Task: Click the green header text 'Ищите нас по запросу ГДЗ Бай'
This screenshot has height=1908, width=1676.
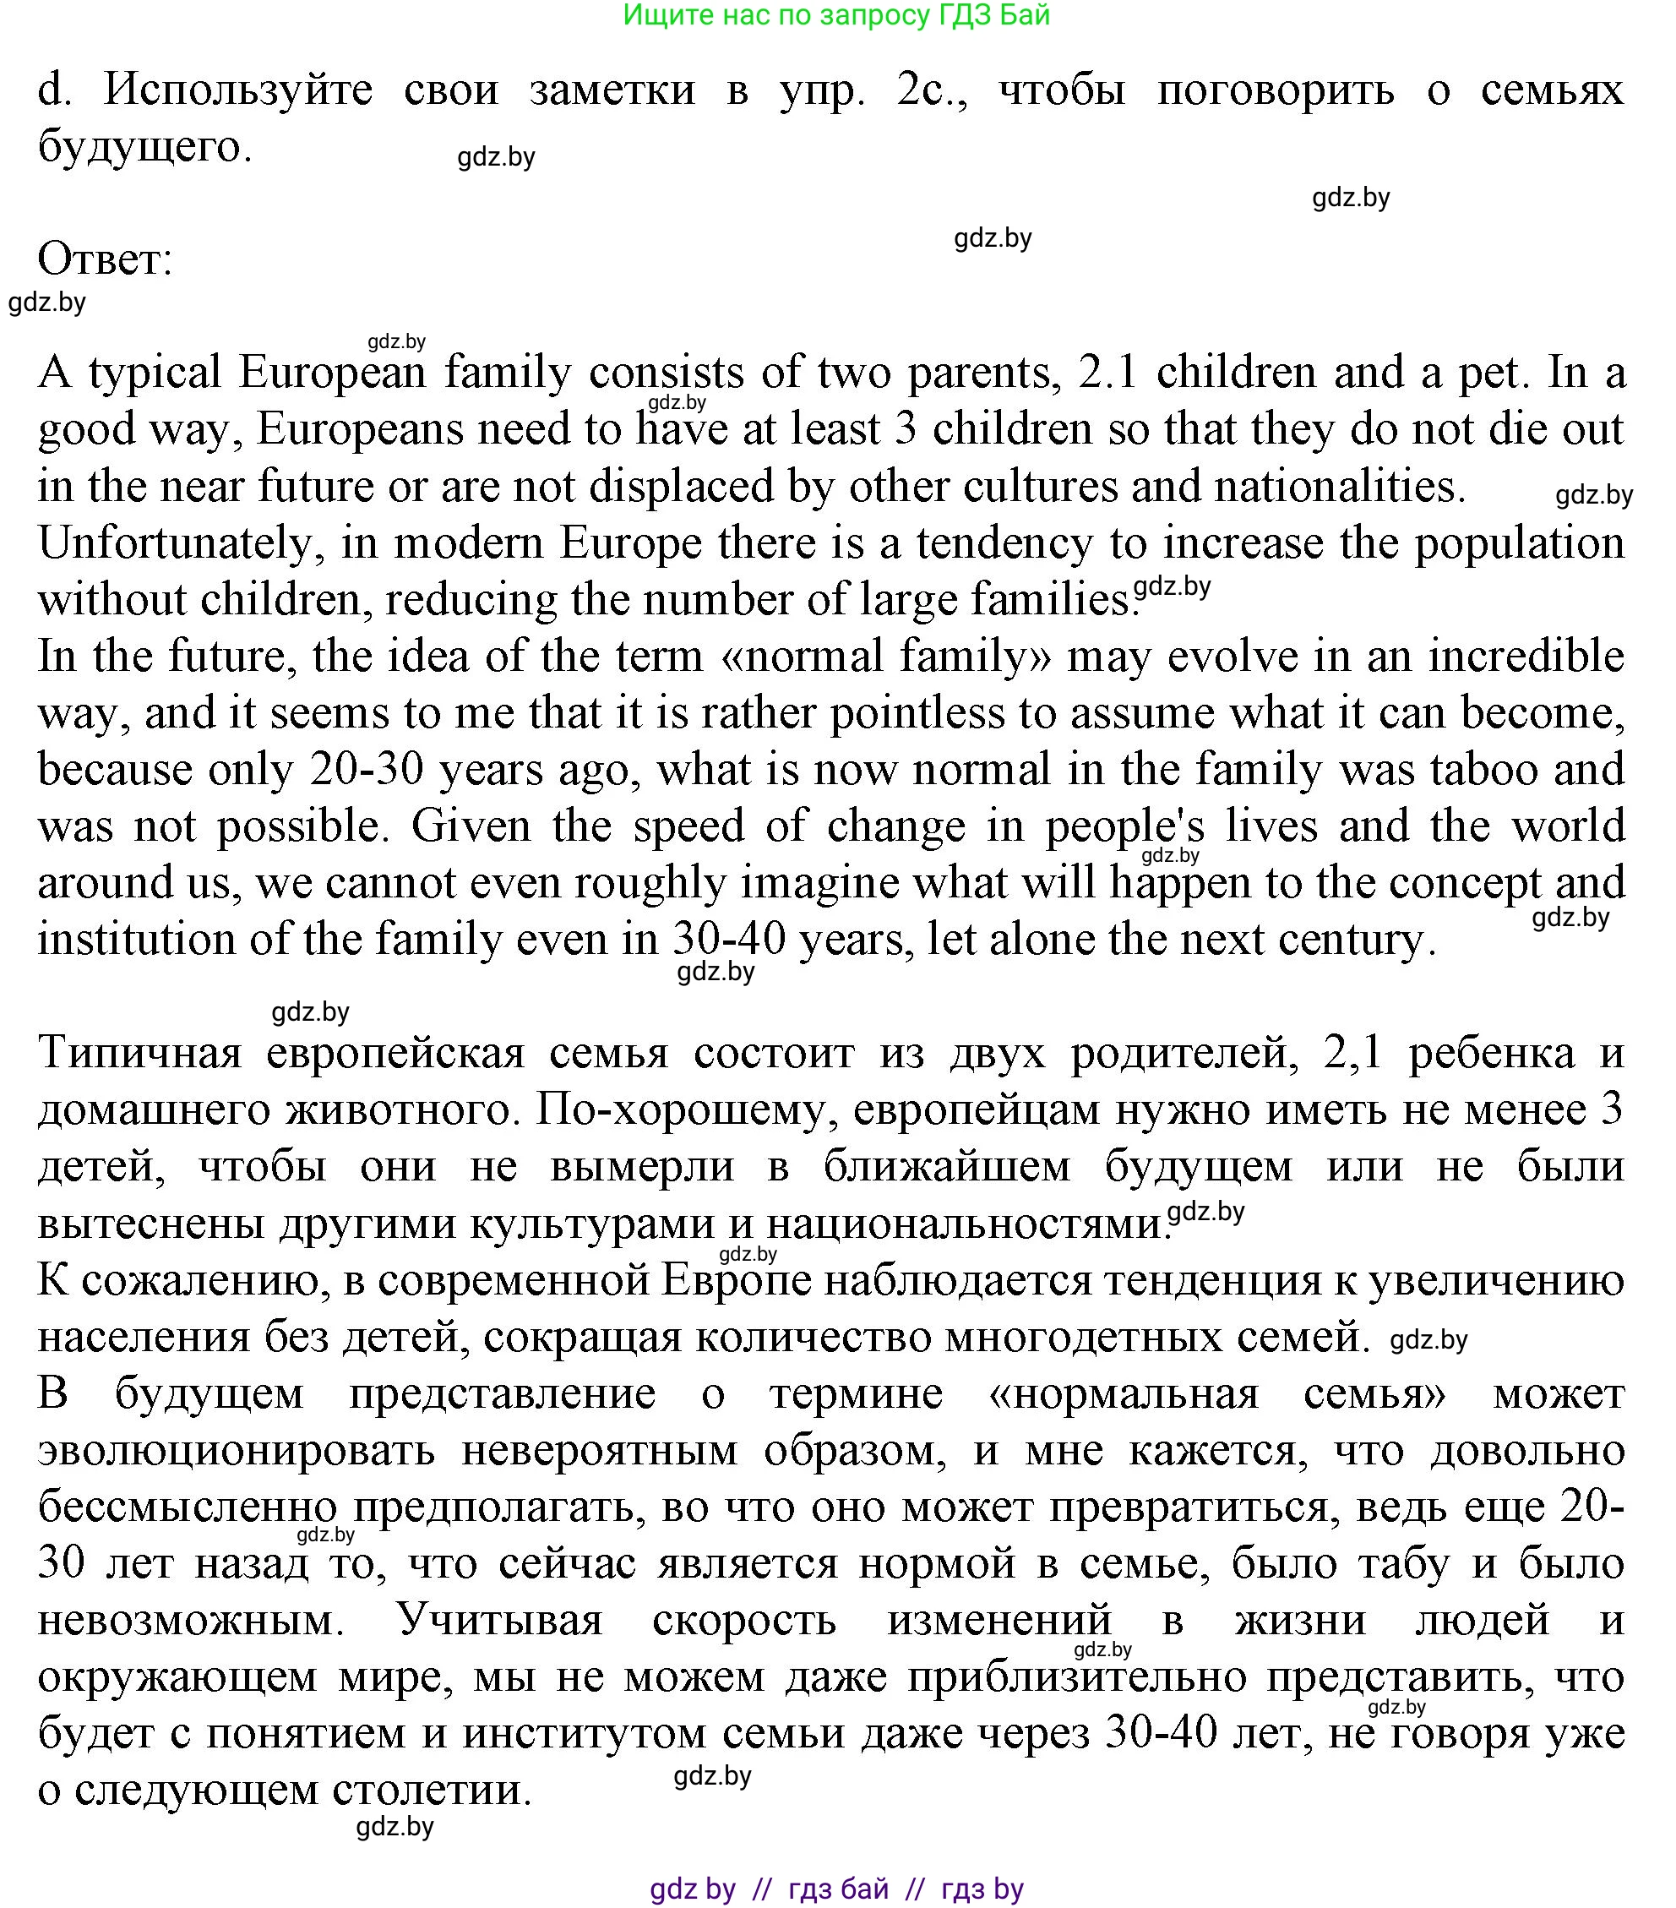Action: click(836, 16)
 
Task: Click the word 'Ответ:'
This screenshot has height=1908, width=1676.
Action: click(106, 259)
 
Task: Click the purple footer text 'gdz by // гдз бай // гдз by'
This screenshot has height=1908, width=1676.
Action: click(836, 1889)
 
